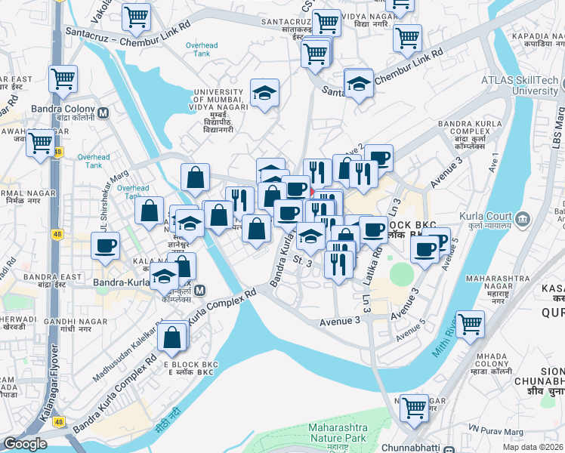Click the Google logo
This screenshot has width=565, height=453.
25,444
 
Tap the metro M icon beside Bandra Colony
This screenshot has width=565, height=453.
103,114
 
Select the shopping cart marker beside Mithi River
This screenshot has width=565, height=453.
470,324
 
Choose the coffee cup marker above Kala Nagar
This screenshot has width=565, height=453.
106,245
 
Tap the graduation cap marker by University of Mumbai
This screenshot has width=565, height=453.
264,93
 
